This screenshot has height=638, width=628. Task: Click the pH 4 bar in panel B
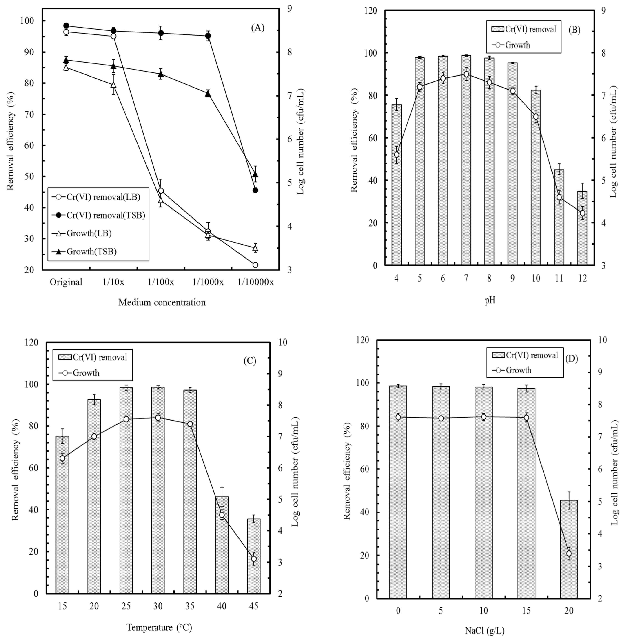[396, 185]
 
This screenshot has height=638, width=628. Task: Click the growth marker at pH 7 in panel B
[466, 74]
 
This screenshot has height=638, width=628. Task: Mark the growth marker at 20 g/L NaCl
[569, 554]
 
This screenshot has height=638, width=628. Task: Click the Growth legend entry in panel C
[86, 373]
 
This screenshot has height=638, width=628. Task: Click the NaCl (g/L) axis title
[485, 630]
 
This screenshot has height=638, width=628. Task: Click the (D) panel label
[572, 359]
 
